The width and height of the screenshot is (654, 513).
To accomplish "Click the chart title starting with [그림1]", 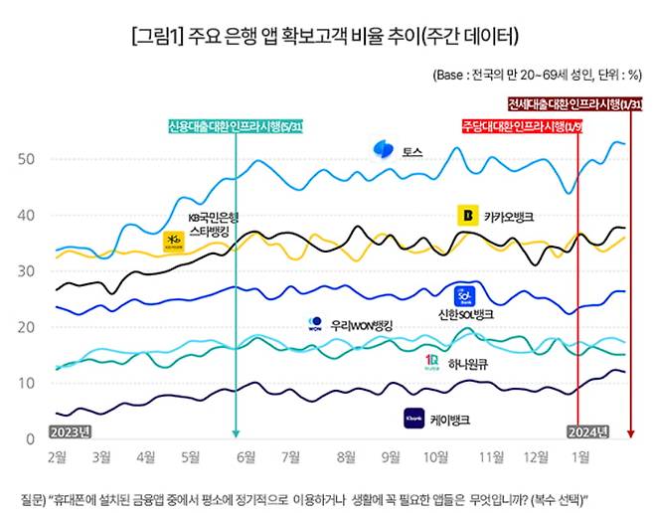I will tap(325, 37).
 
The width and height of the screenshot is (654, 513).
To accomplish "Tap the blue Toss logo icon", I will tap(383, 150).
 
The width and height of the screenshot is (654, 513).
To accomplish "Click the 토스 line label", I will tap(412, 151).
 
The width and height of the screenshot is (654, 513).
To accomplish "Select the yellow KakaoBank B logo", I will tap(466, 215).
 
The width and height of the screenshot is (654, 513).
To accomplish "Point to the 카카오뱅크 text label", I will tap(515, 216).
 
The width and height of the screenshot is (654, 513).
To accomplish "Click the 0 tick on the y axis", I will tap(31, 438).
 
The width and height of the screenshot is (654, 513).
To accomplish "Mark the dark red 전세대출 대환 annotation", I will tap(576, 105).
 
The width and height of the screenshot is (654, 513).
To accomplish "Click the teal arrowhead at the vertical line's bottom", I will tap(236, 432).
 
